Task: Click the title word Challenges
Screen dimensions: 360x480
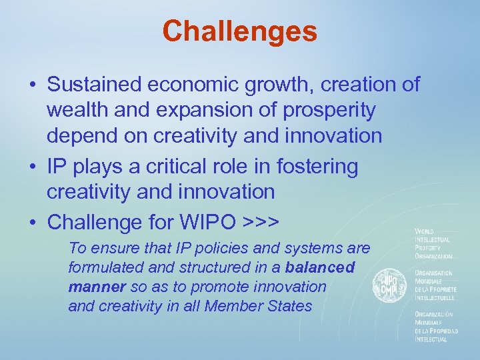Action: (239, 31)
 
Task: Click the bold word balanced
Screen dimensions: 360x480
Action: (320, 267)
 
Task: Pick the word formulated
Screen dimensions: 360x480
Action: (109, 267)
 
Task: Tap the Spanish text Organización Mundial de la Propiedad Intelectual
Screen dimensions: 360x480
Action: (435, 327)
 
